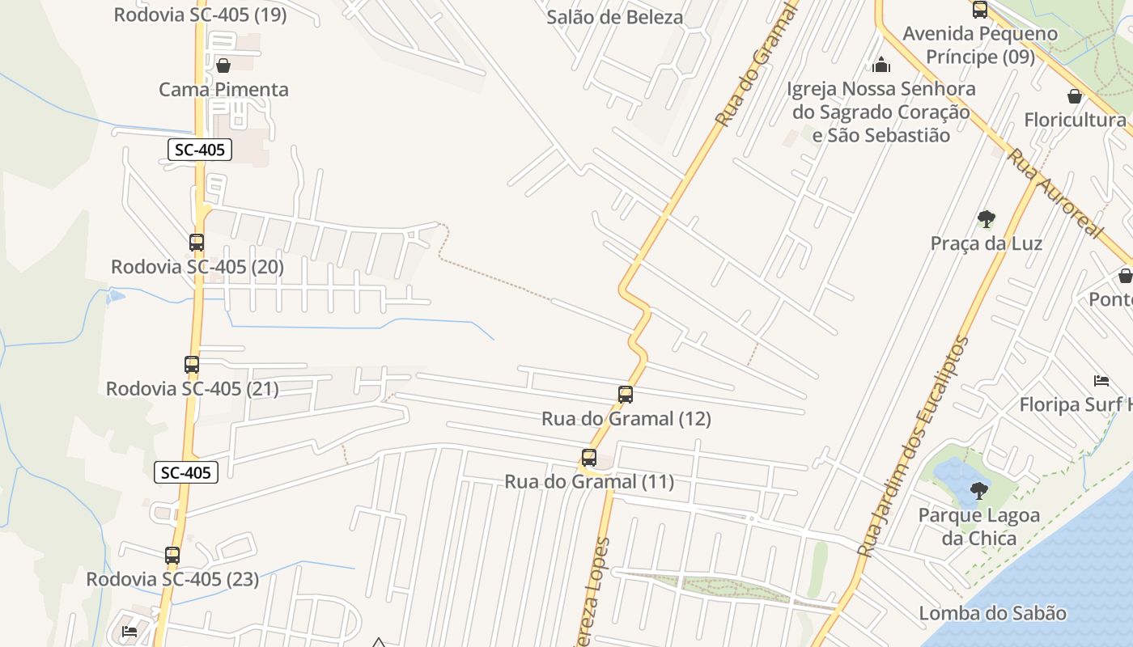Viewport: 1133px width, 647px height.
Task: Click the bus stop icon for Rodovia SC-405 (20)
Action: click(x=197, y=242)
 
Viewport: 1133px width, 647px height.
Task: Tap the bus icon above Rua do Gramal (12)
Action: click(x=626, y=395)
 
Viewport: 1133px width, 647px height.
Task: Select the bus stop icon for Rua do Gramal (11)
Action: click(x=589, y=458)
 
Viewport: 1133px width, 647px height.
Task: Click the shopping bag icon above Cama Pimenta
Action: click(x=223, y=65)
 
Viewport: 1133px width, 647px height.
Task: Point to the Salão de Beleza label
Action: click(x=615, y=17)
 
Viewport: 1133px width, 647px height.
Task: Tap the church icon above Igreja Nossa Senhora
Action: click(x=881, y=64)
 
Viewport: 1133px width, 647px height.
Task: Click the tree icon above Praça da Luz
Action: click(x=986, y=218)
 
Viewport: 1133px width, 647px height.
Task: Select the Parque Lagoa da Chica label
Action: click(x=978, y=526)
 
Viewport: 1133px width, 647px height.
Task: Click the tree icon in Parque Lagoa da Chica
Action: click(x=979, y=490)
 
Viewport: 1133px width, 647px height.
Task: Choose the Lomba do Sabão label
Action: click(x=992, y=613)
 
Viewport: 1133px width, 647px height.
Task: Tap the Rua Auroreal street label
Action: click(x=1055, y=193)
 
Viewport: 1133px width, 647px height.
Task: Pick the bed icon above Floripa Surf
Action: click(x=1101, y=380)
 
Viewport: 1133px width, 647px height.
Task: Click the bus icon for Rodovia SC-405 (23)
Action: click(x=172, y=556)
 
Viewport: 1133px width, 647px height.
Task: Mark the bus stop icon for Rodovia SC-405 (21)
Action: click(x=192, y=365)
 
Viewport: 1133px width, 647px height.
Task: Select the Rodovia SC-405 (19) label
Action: click(x=200, y=15)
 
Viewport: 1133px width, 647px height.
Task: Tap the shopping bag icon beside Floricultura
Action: click(x=1075, y=96)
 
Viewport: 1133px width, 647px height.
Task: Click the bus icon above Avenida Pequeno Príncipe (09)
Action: click(x=980, y=10)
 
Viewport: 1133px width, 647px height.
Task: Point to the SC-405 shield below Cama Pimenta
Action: click(x=200, y=150)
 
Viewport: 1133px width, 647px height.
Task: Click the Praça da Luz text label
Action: click(x=986, y=243)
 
